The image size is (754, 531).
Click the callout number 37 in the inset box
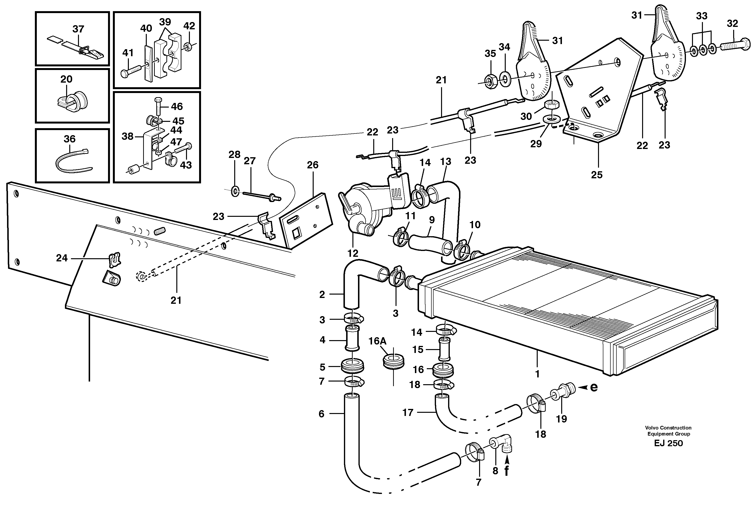[x=78, y=29]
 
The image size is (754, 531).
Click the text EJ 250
[x=668, y=443]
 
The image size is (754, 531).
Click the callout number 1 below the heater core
[x=537, y=374]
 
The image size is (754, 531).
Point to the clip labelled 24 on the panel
[x=114, y=259]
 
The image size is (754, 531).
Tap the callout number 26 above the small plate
[x=312, y=165]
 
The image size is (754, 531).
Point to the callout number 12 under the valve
[x=353, y=253]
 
